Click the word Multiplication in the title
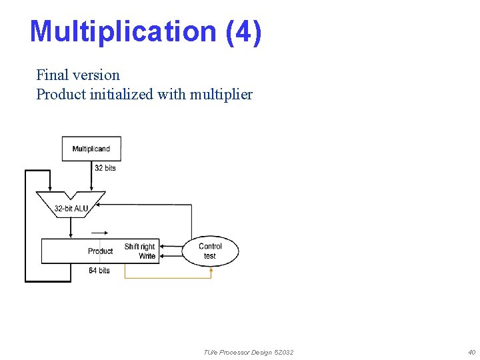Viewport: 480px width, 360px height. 123,31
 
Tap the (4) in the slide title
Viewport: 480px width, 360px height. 243,31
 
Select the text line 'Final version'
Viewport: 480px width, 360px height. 78,75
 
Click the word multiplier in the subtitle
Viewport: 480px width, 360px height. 221,94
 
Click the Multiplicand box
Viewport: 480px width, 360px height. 91,149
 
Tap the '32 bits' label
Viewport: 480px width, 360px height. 105,168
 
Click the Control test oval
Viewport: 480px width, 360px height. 210,251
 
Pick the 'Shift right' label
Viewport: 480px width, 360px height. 139,247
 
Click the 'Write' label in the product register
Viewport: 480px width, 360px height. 147,256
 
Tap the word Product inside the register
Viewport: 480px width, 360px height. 100,251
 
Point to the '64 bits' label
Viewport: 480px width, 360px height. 99,270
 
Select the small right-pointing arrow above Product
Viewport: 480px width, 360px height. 98,233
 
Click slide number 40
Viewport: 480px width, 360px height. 471,352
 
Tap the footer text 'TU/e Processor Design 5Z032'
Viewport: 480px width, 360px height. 248,352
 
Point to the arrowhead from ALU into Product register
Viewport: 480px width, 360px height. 71,235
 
